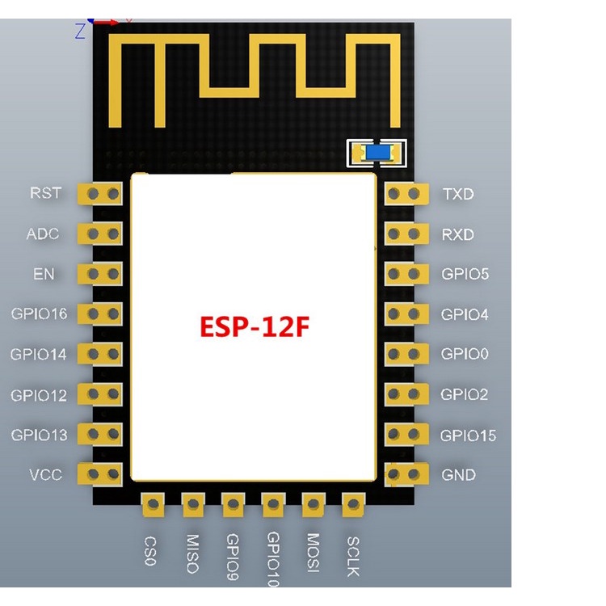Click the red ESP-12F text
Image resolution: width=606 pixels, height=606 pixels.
[x=255, y=327]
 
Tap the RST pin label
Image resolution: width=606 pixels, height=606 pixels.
[x=45, y=193]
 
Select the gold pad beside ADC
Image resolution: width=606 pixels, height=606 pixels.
[x=100, y=234]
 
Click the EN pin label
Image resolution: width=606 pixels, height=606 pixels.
[x=44, y=274]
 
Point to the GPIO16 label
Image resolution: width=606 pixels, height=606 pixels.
[x=39, y=314]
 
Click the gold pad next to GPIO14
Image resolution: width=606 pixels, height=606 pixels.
[x=100, y=354]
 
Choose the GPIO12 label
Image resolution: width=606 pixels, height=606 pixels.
[x=39, y=395]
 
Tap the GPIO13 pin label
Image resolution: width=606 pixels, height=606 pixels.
[x=39, y=435]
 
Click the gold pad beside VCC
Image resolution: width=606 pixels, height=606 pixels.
[x=100, y=473]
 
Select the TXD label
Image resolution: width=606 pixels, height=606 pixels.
[x=458, y=195]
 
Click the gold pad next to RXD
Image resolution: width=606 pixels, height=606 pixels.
[x=406, y=234]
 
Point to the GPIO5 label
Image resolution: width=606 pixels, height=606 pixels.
[x=465, y=274]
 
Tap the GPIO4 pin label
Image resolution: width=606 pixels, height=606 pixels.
[x=465, y=314]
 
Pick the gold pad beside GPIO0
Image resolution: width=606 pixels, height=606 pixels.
[x=406, y=354]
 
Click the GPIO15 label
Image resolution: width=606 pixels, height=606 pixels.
[x=468, y=436]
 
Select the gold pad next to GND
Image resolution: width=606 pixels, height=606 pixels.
[x=406, y=474]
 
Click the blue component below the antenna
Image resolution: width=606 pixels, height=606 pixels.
[x=376, y=153]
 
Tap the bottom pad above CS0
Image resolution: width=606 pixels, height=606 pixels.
[x=152, y=506]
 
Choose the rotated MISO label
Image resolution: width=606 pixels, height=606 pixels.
[x=192, y=553]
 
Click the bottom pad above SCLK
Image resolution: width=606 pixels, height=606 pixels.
[x=353, y=506]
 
